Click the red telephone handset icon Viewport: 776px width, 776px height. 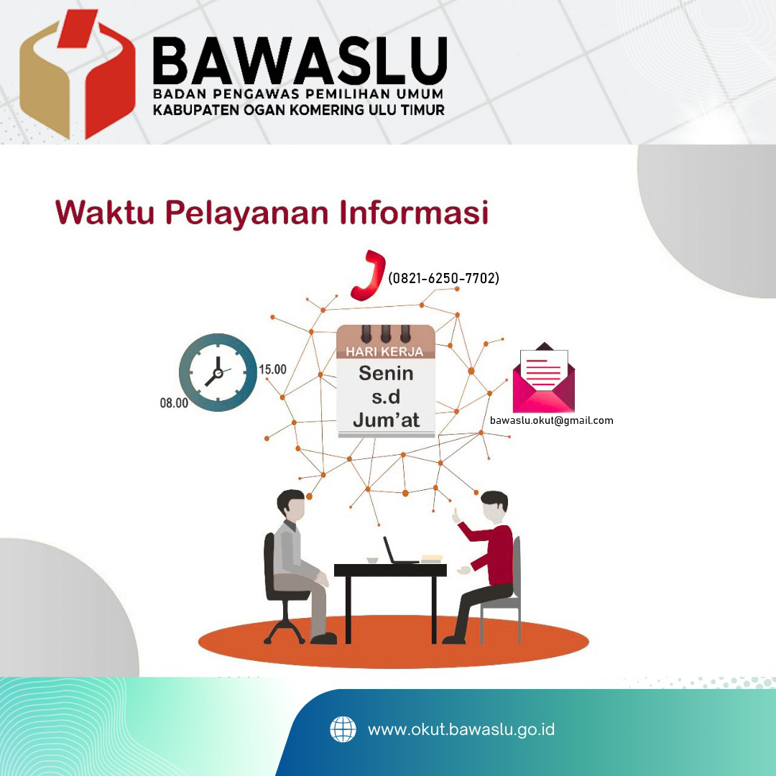[x=368, y=276]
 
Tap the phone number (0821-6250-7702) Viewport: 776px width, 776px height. [x=443, y=278]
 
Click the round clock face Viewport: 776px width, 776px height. [x=218, y=372]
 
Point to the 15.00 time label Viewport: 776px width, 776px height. [x=273, y=369]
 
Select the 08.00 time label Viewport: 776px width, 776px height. [x=174, y=403]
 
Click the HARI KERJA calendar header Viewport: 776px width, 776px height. [x=384, y=352]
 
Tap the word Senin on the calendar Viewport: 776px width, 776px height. [x=386, y=373]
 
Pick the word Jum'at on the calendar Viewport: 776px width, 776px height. [x=386, y=420]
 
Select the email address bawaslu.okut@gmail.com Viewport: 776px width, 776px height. [x=551, y=420]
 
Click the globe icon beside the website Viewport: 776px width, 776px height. [x=343, y=729]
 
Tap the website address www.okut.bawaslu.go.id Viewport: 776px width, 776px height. [x=461, y=729]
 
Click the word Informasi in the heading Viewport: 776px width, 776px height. [x=415, y=212]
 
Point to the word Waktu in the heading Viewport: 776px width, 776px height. [x=105, y=212]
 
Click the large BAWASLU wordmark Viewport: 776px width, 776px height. [x=300, y=60]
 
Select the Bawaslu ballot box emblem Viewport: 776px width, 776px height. [x=77, y=74]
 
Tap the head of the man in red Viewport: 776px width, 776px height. [x=494, y=507]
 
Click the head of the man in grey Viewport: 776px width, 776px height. [x=291, y=505]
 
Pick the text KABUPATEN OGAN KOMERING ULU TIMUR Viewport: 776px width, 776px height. [x=299, y=110]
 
